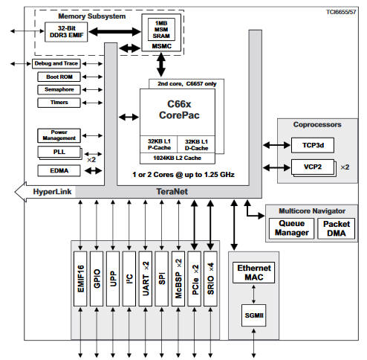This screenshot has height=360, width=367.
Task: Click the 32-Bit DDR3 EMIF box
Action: [66, 32]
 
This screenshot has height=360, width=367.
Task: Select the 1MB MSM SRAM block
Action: [161, 30]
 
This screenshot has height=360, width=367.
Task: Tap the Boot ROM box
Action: [59, 77]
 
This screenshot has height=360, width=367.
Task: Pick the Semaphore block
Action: [59, 89]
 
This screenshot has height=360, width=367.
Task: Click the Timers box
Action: [59, 103]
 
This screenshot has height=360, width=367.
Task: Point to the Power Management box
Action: [59, 135]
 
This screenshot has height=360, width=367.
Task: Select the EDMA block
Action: [59, 170]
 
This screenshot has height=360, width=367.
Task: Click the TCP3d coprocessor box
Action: [313, 145]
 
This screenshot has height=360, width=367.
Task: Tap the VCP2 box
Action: [313, 167]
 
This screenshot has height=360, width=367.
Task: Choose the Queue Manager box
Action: [291, 228]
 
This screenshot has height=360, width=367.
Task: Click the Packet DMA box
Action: [337, 228]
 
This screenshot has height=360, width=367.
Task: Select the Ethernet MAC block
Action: [254, 272]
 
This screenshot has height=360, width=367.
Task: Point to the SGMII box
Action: [254, 315]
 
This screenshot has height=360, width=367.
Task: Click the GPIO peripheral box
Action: [97, 279]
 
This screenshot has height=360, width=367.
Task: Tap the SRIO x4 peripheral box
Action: [210, 279]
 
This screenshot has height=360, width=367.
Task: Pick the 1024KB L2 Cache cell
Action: [178, 158]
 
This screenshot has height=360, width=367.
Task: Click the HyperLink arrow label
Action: [52, 192]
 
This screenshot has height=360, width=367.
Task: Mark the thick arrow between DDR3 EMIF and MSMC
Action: [115, 32]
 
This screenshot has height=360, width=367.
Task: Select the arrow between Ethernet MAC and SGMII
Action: [253, 294]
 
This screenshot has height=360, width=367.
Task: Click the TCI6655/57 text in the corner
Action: [341, 12]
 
